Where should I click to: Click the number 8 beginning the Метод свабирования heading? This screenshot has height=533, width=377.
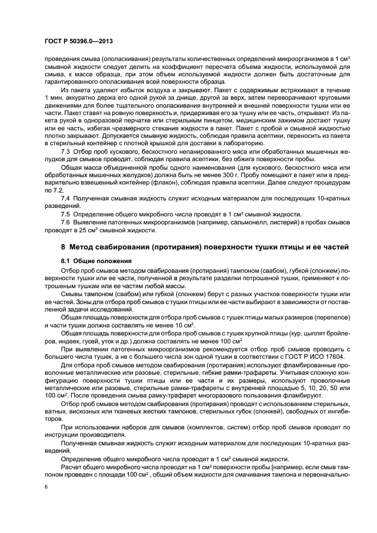63,247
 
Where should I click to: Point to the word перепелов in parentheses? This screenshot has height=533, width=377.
317,315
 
